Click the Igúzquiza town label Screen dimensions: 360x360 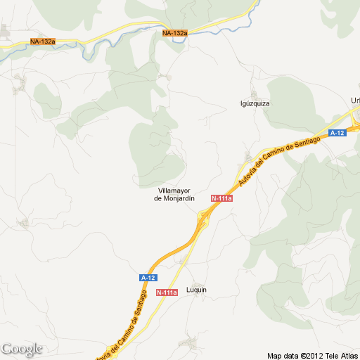[x=255, y=103]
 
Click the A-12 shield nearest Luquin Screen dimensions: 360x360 [x=148, y=278]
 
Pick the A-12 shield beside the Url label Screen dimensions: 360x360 [x=337, y=132]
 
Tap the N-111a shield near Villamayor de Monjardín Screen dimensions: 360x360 [x=221, y=199]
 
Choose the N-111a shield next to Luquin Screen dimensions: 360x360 [x=167, y=292]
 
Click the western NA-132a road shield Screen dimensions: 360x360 [x=43, y=42]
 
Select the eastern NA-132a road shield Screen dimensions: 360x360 [x=175, y=33]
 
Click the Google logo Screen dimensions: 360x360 [x=22, y=349]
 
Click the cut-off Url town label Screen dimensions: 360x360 [x=355, y=100]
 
